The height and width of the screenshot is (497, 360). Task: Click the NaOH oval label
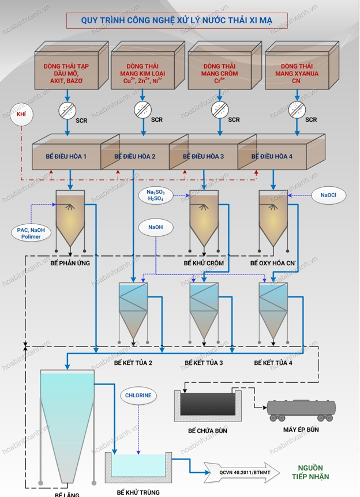pos(155,228)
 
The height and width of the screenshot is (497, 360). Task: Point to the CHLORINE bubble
pos(137,396)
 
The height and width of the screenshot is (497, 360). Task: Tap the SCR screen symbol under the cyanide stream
pos(293,109)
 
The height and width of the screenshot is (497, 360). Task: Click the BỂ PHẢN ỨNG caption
pos(69,263)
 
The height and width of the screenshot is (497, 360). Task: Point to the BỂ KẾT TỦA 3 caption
pos(204,363)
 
